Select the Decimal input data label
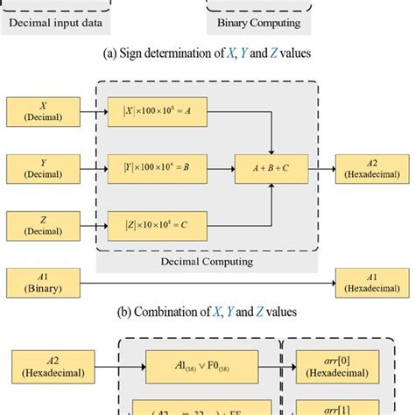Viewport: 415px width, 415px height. pyautogui.click(x=55, y=24)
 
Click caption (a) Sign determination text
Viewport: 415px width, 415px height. pyautogui.click(x=208, y=52)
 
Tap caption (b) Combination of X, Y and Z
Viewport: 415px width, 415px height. pyautogui.click(x=208, y=311)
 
